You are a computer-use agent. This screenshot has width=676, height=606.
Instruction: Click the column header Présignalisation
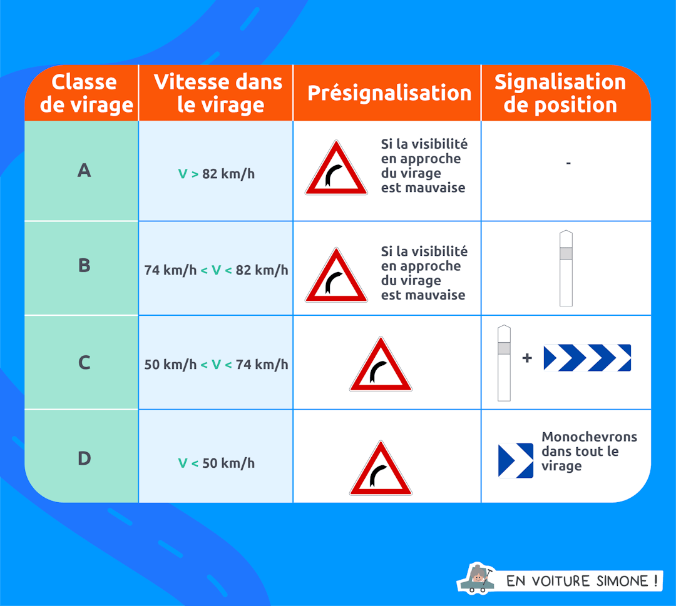pyautogui.click(x=389, y=93)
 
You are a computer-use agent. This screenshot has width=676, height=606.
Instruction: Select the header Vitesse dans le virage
pyautogui.click(x=217, y=93)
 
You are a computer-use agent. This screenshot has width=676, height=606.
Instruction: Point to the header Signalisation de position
pyautogui.click(x=560, y=93)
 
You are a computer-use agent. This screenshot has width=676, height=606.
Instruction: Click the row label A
pyautogui.click(x=84, y=170)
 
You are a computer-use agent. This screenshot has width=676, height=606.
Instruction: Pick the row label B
pyautogui.click(x=84, y=266)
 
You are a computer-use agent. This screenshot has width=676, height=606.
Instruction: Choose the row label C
pyautogui.click(x=84, y=363)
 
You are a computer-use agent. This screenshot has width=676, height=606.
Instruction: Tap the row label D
pyautogui.click(x=84, y=458)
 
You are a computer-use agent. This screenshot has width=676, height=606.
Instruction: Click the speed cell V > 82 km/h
pyautogui.click(x=216, y=174)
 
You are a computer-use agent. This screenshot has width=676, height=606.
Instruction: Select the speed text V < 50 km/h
pyautogui.click(x=216, y=463)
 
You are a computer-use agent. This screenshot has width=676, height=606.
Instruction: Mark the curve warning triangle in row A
pyautogui.click(x=336, y=170)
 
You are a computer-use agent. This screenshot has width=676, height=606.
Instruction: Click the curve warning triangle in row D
pyautogui.click(x=381, y=470)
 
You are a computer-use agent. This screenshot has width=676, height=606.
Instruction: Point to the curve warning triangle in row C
pyautogui.click(x=381, y=366)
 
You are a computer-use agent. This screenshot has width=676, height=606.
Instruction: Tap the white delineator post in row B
pyautogui.click(x=566, y=268)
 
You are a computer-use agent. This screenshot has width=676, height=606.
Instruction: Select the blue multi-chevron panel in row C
pyautogui.click(x=587, y=358)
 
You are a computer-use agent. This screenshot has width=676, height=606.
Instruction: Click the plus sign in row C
pyautogui.click(x=527, y=358)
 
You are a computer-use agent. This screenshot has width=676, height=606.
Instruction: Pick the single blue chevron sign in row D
pyautogui.click(x=516, y=461)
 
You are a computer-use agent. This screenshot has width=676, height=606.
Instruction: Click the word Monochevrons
pyautogui.click(x=589, y=437)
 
